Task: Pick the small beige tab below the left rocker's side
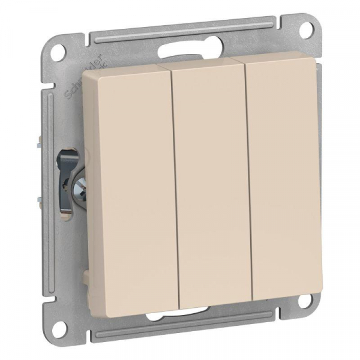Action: [x=90, y=277]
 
